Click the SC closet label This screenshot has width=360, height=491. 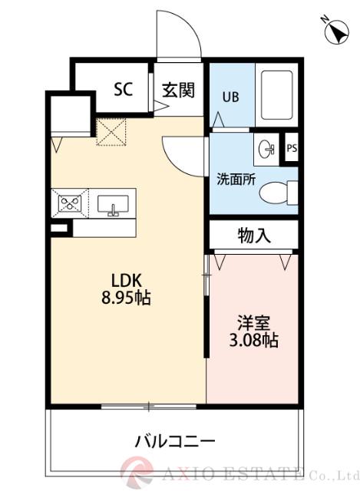point(124,89)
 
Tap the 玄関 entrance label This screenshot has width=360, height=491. point(177,89)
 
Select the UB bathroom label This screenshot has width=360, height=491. point(230,97)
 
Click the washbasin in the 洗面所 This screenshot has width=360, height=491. point(267,149)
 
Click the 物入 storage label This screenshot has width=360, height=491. point(254,236)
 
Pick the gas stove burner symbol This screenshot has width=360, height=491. point(71,203)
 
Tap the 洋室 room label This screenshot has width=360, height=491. point(253,322)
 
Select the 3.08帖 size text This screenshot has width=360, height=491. point(253,341)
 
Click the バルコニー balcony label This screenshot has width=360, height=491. point(175,441)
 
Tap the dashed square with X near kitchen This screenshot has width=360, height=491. point(110,131)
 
